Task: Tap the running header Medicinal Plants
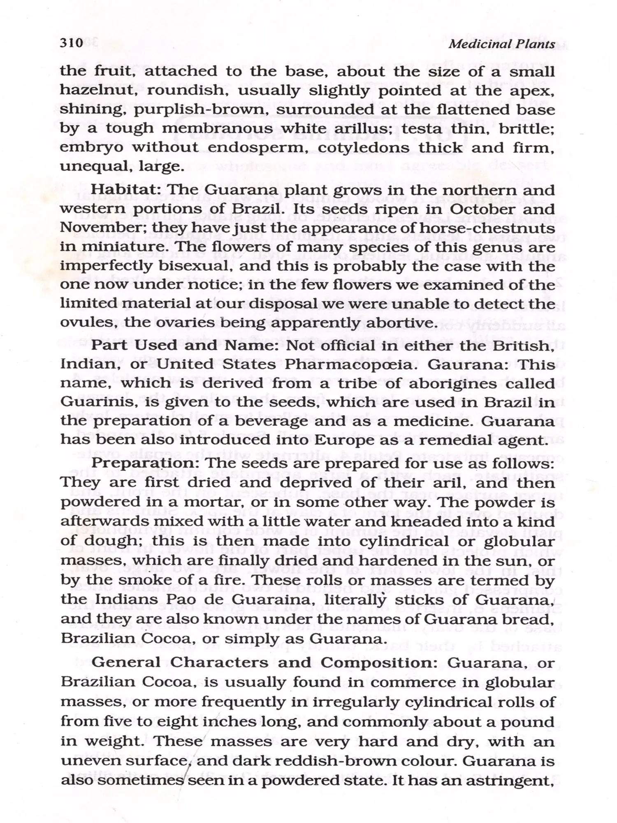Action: click(x=501, y=44)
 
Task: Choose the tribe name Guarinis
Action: click(x=92, y=402)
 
